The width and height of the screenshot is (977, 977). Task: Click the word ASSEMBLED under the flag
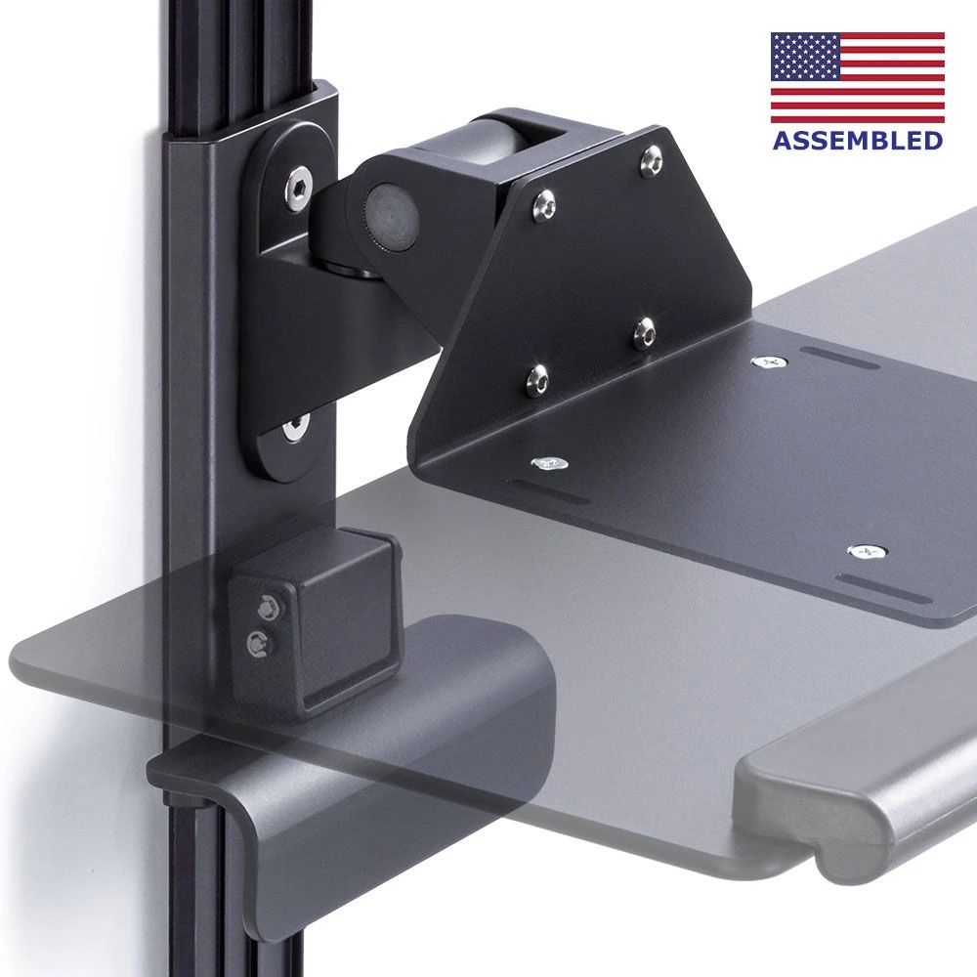pyautogui.click(x=858, y=140)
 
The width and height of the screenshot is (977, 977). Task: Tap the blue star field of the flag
pyautogui.click(x=804, y=57)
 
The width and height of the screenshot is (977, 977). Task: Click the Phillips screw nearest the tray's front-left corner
pyautogui.click(x=549, y=463)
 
